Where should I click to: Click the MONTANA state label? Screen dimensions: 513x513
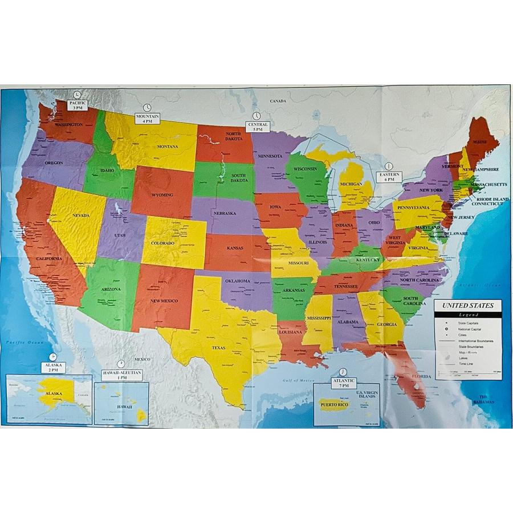coord(168,146)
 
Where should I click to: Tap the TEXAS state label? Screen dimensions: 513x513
coord(218,347)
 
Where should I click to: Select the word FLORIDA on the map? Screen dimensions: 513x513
coord(421,377)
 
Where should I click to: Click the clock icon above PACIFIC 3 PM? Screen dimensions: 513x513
coord(78,95)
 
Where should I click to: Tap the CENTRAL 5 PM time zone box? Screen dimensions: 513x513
coord(258,127)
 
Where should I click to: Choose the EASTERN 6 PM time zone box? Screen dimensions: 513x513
coord(389,176)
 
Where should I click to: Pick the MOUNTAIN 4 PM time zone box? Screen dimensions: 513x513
coord(148,119)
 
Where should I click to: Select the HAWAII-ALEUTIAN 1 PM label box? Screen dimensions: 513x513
coord(121,374)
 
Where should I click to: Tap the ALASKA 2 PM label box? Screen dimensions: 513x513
coord(53,367)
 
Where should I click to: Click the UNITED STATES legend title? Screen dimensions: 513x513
coord(467,306)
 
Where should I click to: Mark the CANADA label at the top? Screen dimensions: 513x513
coord(278,101)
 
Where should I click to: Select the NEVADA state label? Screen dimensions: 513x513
coord(81,215)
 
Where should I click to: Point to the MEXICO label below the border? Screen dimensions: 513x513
coord(142,359)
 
